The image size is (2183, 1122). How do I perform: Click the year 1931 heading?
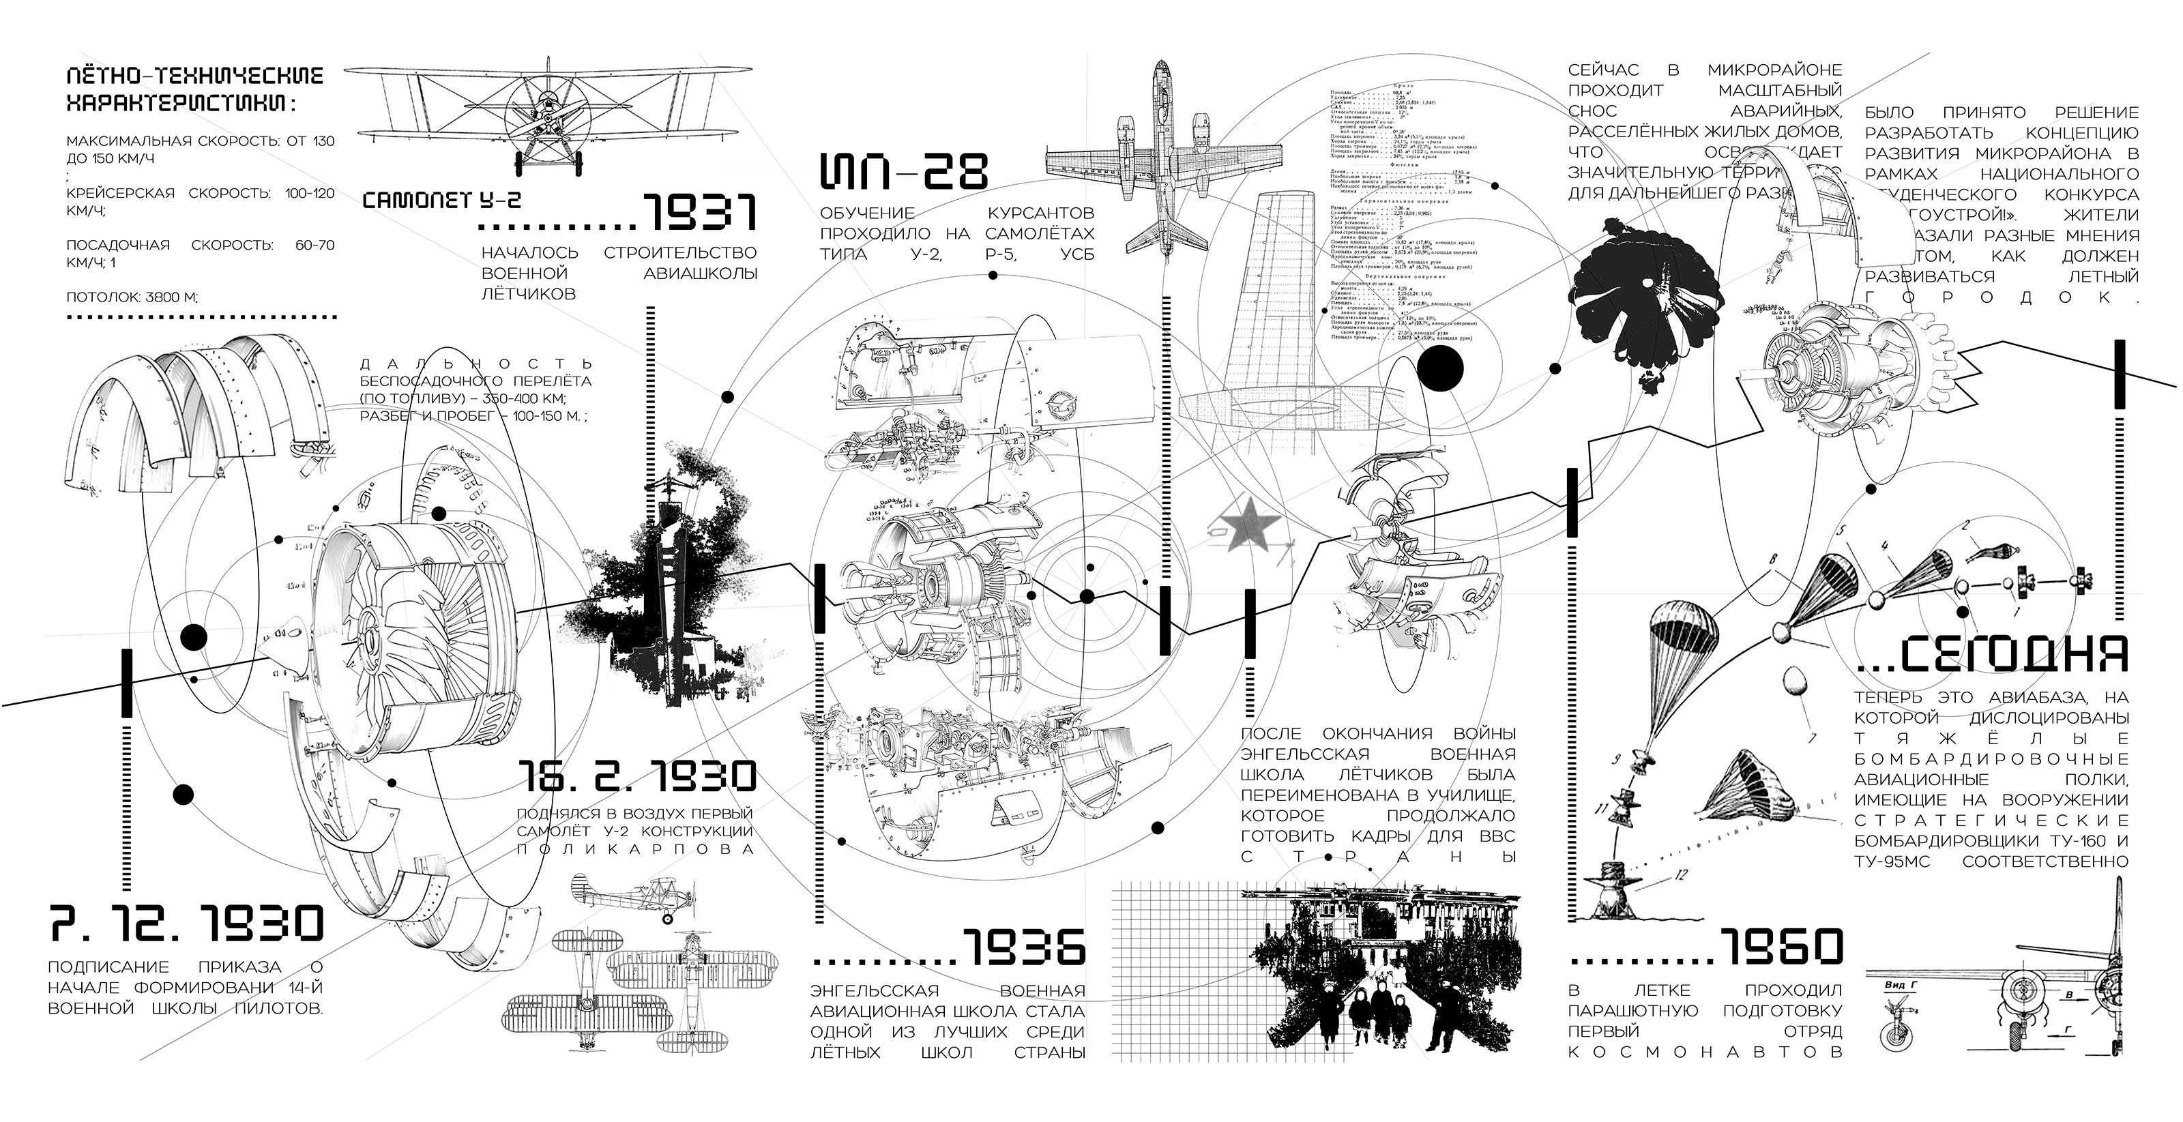pyautogui.click(x=699, y=212)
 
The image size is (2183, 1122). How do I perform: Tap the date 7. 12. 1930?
pyautogui.click(x=186, y=924)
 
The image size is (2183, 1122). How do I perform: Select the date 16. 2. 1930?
pyautogui.click(x=636, y=776)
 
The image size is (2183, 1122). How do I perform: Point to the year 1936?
pyautogui.click(x=1024, y=947)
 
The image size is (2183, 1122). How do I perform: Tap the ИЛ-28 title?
pyautogui.click(x=903, y=171)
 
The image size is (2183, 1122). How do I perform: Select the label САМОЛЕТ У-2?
pyautogui.click(x=441, y=200)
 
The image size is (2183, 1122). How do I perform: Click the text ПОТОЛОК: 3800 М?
pyautogui.click(x=132, y=297)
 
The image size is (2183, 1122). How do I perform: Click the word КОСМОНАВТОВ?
pyautogui.click(x=1705, y=1052)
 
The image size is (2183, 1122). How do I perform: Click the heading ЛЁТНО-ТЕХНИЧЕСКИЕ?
pyautogui.click(x=195, y=76)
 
